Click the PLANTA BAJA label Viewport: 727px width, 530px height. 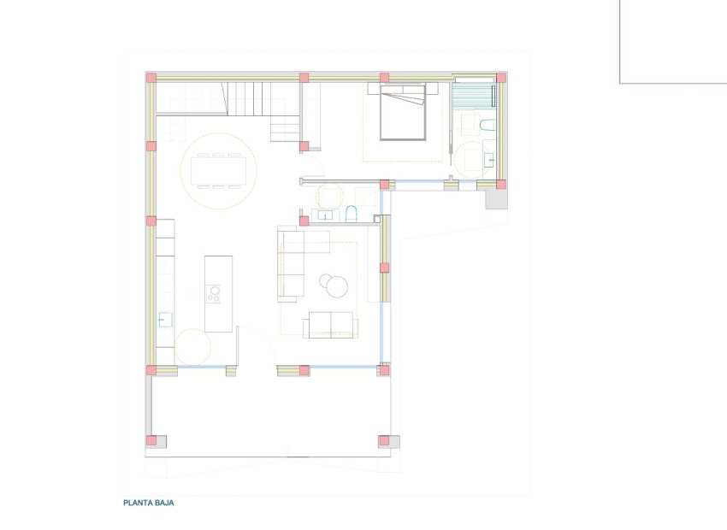tap(149, 503)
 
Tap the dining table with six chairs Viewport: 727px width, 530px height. tap(218, 170)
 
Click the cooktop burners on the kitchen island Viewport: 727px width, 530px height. tap(213, 294)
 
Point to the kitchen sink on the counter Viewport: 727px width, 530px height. tap(163, 321)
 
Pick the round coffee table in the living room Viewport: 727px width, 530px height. tap(334, 285)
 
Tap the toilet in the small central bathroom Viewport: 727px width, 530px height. tap(351, 213)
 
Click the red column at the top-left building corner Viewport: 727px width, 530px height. tap(151, 78)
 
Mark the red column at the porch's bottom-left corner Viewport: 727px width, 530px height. tap(151, 441)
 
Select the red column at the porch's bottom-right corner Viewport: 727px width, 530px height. tap(384, 441)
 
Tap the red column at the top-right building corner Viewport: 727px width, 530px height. tap(501, 78)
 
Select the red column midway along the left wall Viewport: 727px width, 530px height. tap(151, 221)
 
